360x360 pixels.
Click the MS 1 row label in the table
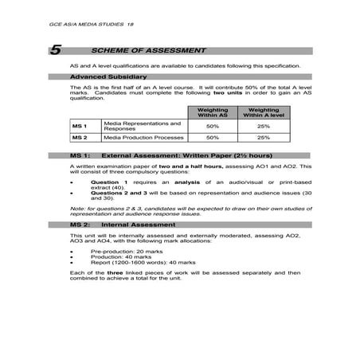(79, 126)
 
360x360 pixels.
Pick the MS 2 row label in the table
(79, 138)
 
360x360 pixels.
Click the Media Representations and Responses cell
(142, 126)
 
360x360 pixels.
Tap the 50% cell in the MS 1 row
(213, 126)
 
